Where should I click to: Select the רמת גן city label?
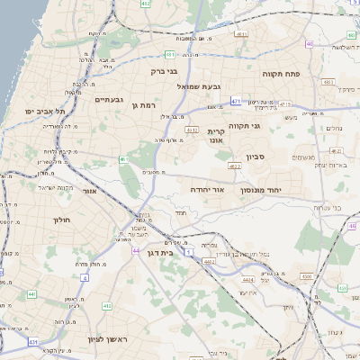tap(144, 105)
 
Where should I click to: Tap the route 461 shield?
tap(123, 160)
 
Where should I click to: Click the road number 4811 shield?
tap(192, 130)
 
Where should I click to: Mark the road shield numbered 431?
tap(33, 342)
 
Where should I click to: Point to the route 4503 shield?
tap(307, 275)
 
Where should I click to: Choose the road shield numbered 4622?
tap(235, 166)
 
